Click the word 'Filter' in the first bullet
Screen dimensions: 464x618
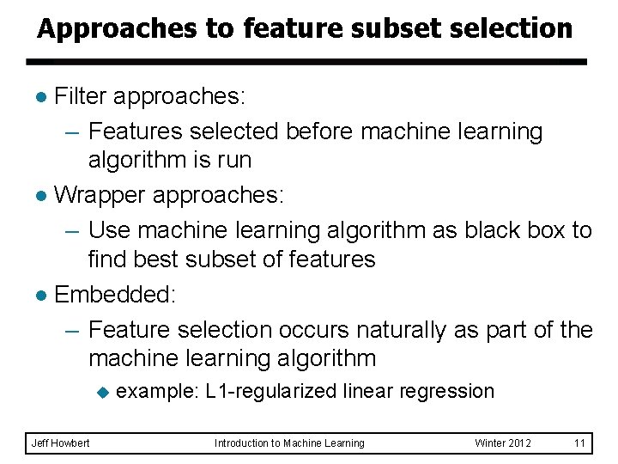(81, 96)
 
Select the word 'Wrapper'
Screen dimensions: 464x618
(100, 195)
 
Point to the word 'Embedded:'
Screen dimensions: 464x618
(115, 294)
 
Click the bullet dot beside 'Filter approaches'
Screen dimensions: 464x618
(43, 97)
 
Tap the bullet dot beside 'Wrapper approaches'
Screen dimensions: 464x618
(43, 196)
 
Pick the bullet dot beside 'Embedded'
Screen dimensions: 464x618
(43, 295)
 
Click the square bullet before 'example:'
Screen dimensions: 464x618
(103, 393)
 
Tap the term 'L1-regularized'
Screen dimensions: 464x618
(271, 392)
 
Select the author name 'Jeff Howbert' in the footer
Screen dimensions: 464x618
(60, 443)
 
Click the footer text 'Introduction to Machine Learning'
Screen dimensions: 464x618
(289, 443)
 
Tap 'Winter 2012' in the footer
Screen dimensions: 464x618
(503, 443)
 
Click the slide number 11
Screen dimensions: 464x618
(579, 443)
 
